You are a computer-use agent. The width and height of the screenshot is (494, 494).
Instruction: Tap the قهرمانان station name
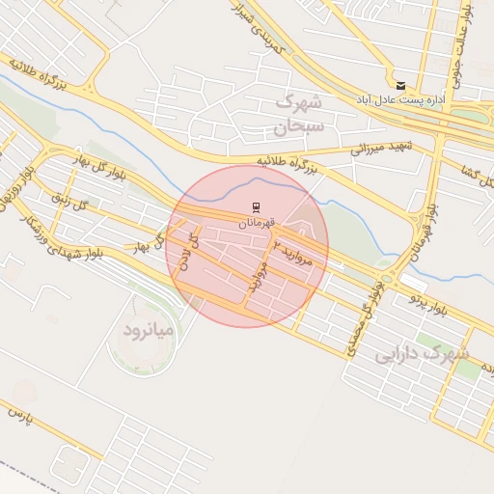pos(257,223)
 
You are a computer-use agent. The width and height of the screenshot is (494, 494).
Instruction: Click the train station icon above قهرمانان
pos(256,207)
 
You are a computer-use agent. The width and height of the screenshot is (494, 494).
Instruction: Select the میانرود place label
pos(148,331)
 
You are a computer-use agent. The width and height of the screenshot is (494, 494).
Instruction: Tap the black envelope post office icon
pos(400,85)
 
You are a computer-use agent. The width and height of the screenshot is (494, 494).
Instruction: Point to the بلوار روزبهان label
pos(14,189)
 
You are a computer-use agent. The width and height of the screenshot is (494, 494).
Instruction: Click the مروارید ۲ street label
pos(293,250)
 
